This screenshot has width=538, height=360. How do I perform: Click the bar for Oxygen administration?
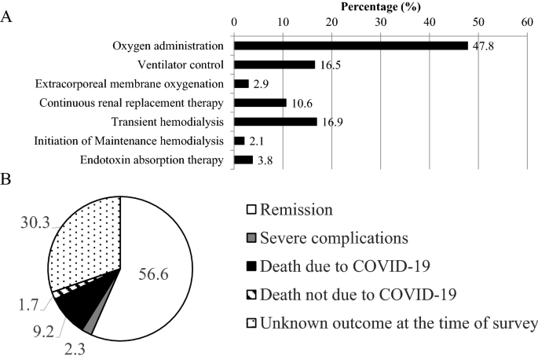pyautogui.click(x=350, y=46)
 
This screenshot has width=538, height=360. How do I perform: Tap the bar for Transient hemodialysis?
pyautogui.click(x=275, y=122)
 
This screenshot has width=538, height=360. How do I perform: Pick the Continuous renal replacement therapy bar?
pyautogui.click(x=260, y=103)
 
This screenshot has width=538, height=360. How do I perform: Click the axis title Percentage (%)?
pyautogui.click(x=381, y=7)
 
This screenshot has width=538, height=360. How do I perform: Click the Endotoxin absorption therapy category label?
pyautogui.click(x=152, y=160)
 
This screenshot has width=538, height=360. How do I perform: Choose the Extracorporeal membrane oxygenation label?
pyautogui.click(x=130, y=83)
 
